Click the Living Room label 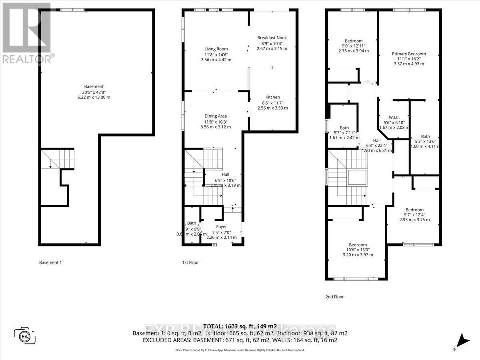coord(216,49)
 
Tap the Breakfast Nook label coord(272,38)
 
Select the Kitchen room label coord(273,97)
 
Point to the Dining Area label coord(216,116)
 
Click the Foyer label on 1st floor coord(221,227)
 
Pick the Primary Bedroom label coord(409,54)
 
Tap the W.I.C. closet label coord(394,118)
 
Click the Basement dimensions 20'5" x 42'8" coord(94,92)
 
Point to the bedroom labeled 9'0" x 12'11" coord(354,41)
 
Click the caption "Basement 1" coord(50,263)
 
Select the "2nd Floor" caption coord(334,297)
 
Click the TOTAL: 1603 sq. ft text coord(240,326)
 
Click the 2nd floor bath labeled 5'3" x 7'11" coord(344,128)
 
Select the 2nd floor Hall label coord(377,140)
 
